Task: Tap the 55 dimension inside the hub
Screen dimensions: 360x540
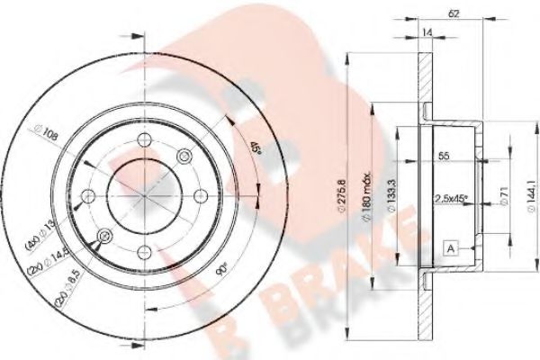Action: click(x=443, y=156)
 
